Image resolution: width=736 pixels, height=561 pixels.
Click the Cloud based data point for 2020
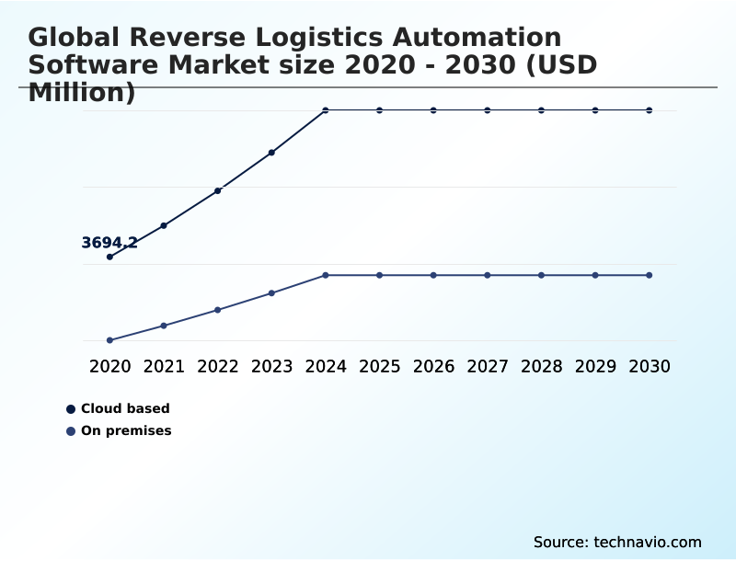[109, 257]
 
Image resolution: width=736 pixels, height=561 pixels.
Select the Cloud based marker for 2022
[218, 190]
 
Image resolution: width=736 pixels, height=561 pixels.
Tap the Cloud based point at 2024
[326, 110]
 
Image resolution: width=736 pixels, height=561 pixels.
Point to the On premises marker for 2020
[109, 340]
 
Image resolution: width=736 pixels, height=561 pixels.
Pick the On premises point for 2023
[271, 293]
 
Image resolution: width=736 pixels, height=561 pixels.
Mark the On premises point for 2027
[488, 275]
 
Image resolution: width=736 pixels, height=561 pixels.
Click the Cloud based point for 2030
[650, 110]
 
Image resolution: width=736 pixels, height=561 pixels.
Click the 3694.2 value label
[109, 243]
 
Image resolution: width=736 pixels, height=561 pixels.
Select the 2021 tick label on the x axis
[164, 366]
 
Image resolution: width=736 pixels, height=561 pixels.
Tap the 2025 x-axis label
[379, 366]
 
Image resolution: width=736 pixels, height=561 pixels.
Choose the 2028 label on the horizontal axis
[541, 366]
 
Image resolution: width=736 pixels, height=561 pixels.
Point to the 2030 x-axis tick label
[650, 366]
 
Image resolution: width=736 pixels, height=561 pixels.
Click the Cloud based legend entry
[125, 408]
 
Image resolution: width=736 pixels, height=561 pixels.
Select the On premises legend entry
[126, 430]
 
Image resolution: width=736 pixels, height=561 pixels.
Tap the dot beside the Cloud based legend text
[71, 409]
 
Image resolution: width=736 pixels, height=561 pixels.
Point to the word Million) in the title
[82, 92]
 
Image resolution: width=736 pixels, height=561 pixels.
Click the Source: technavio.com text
[617, 542]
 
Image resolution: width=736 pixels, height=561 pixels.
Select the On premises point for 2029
[595, 275]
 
